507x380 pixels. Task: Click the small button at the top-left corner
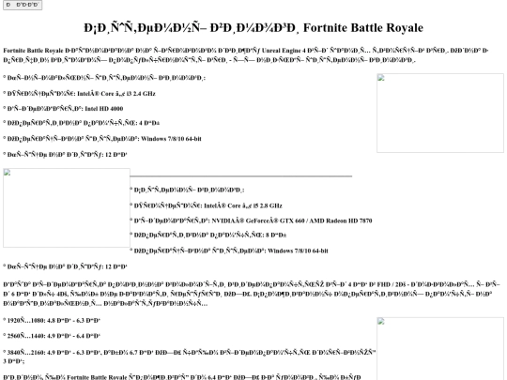click(22, 6)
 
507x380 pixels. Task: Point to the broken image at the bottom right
click(437, 347)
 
